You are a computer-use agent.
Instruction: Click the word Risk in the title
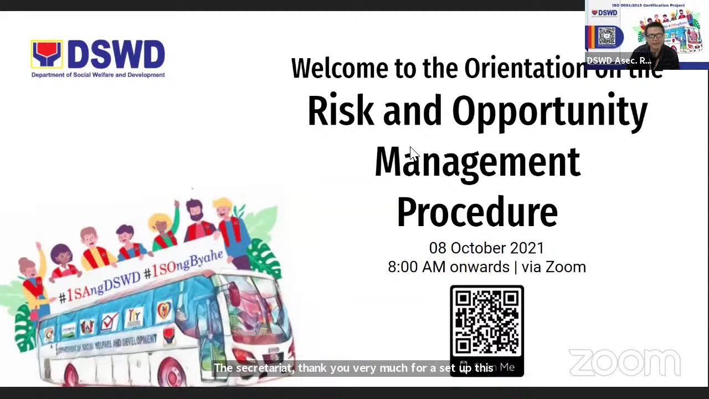pyautogui.click(x=340, y=111)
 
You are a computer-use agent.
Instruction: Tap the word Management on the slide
pyautogui.click(x=477, y=162)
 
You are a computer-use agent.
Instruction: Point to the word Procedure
pyautogui.click(x=477, y=212)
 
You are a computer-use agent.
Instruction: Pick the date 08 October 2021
pyautogui.click(x=486, y=248)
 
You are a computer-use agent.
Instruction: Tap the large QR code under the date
pyautogui.click(x=486, y=321)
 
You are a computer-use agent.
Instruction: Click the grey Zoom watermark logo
pyautogui.click(x=624, y=362)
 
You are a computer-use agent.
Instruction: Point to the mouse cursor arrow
pyautogui.click(x=414, y=153)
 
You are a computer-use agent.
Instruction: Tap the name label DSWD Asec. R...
pyautogui.click(x=619, y=60)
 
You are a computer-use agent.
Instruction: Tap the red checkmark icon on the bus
pyautogui.click(x=110, y=321)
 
